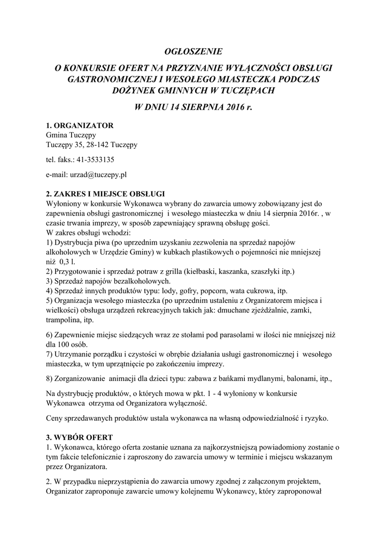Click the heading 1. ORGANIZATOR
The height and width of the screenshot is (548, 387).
pyautogui.click(x=80, y=126)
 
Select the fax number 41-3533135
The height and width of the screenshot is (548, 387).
pyautogui.click(x=96, y=159)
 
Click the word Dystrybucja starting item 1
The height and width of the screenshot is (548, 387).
pyautogui.click(x=77, y=242)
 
